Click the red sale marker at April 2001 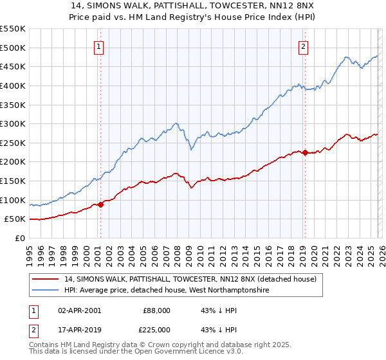[x=100, y=204]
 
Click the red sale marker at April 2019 [x=305, y=152]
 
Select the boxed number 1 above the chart [x=100, y=46]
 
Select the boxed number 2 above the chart [x=303, y=46]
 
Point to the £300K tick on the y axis [x=13, y=123]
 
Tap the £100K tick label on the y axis [x=13, y=200]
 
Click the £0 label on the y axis [x=19, y=238]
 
